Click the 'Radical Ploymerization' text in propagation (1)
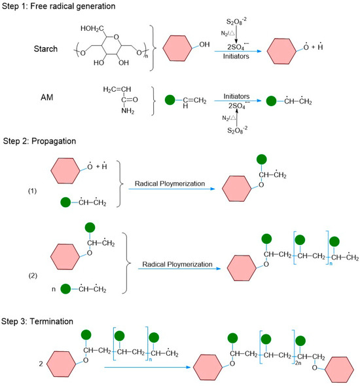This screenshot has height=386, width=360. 165,184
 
